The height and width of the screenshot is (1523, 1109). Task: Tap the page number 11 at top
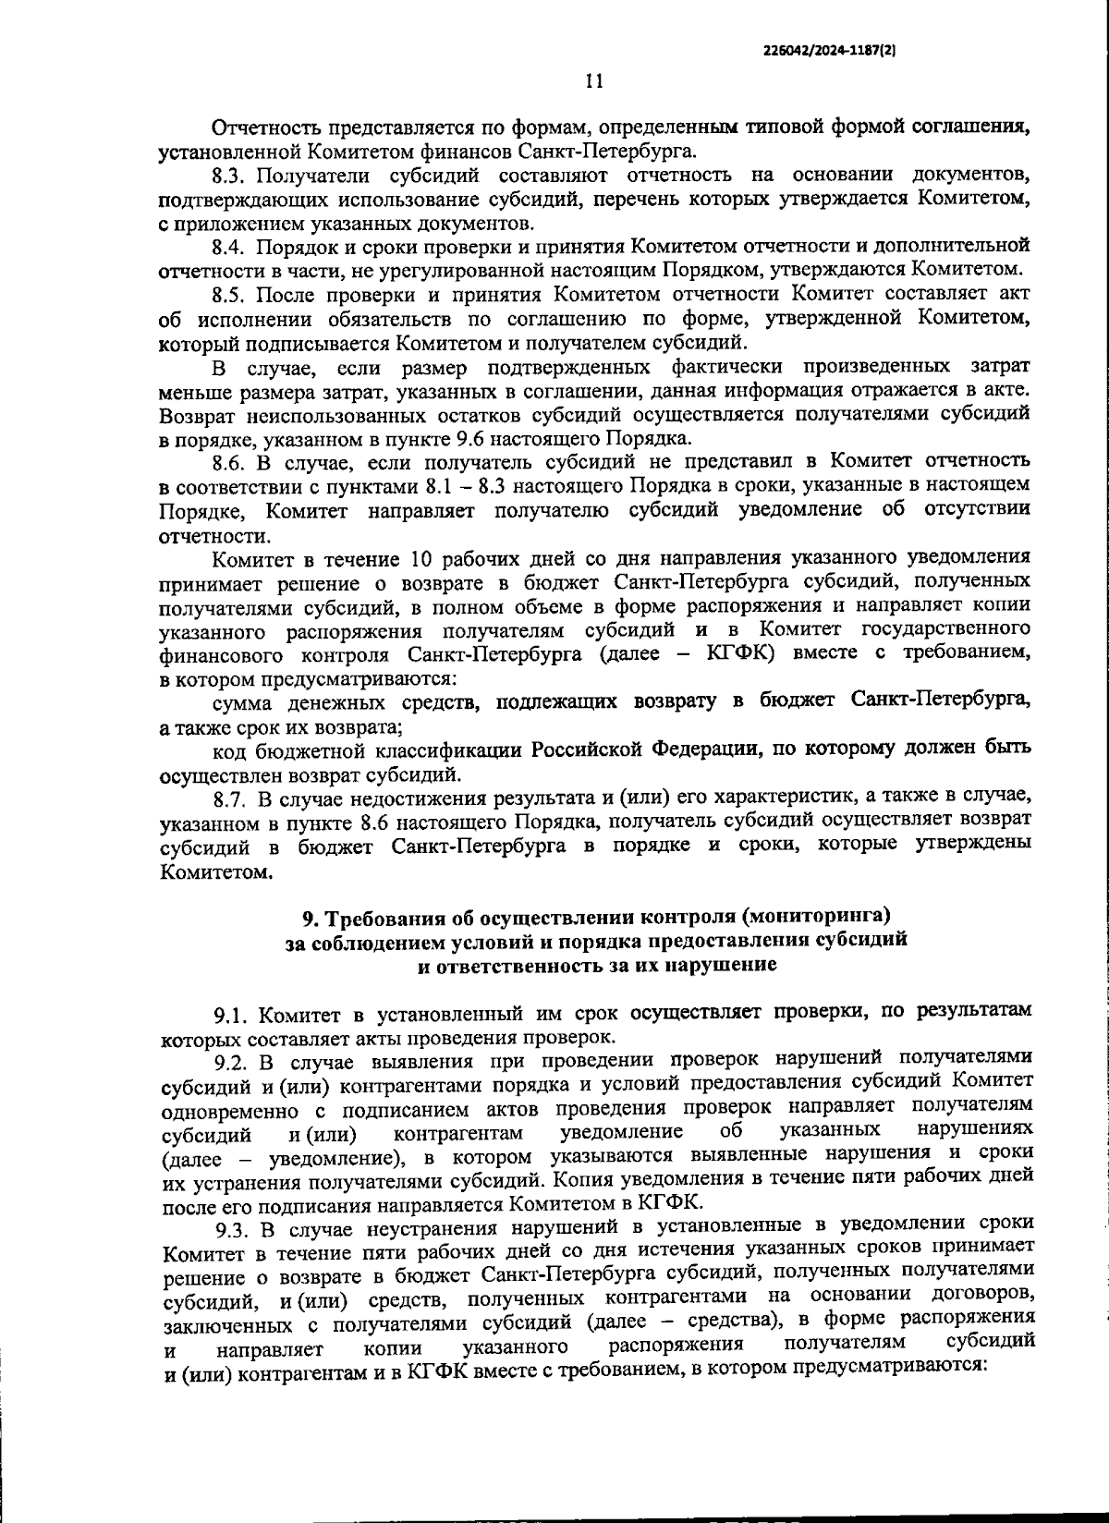click(x=594, y=81)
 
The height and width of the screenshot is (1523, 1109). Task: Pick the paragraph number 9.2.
click(x=231, y=1060)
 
